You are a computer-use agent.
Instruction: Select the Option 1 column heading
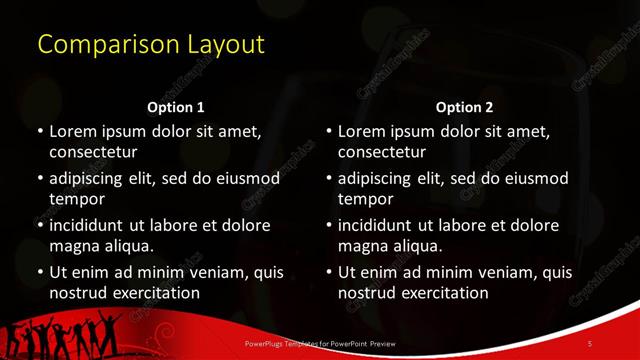pos(176,107)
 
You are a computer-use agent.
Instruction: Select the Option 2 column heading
pos(464,107)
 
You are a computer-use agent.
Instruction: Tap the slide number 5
pos(589,343)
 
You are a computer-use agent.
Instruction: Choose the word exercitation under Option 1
pos(159,293)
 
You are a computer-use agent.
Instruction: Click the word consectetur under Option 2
pos(381,152)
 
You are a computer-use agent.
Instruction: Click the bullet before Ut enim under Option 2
pos(329,272)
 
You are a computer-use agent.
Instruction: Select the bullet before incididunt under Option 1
pos(41,225)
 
